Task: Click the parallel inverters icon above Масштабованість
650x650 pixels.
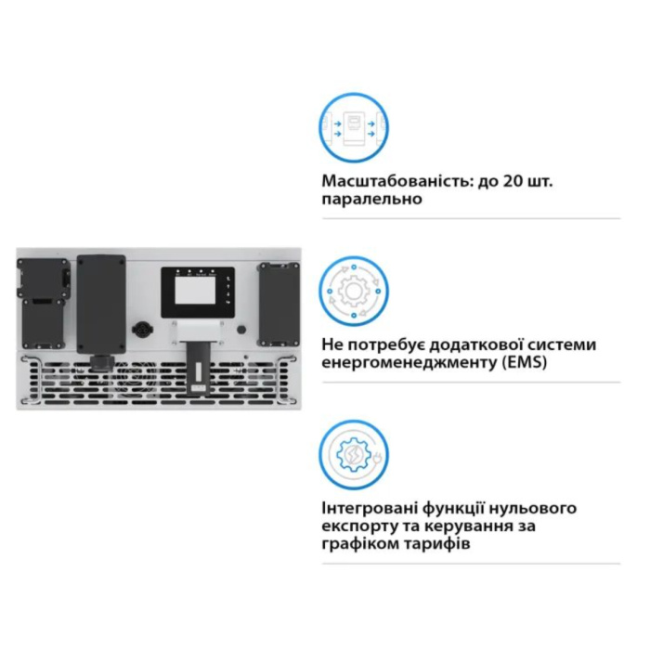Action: coord(354,127)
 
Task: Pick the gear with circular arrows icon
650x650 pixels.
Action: coord(354,291)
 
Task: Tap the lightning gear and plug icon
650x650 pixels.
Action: coord(354,455)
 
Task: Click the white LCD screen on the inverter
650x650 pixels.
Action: coord(195,290)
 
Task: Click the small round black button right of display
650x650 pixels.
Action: coord(241,330)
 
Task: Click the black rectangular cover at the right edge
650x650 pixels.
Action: coord(279,304)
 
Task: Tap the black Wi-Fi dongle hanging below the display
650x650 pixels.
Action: coord(197,368)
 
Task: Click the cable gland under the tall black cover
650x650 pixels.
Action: coord(102,361)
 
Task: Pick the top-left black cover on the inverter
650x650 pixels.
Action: coord(42,278)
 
